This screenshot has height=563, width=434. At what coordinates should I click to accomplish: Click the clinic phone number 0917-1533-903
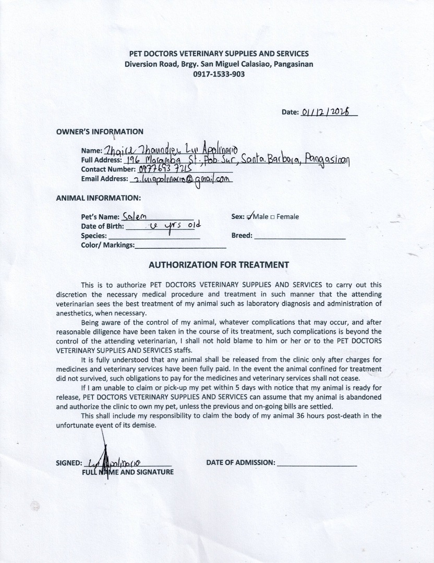[x=219, y=74]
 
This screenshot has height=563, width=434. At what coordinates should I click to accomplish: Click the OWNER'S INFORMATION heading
[x=100, y=131]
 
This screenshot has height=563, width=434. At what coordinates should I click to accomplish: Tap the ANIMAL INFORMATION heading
[x=99, y=198]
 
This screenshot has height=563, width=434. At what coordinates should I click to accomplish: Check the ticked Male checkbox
[x=250, y=216]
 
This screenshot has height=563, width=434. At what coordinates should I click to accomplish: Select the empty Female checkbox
[x=273, y=217]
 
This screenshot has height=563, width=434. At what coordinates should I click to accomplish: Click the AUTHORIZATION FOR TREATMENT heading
[x=219, y=264]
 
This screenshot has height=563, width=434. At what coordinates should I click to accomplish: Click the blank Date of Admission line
[x=317, y=463]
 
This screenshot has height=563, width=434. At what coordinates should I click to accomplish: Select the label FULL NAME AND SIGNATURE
[x=127, y=472]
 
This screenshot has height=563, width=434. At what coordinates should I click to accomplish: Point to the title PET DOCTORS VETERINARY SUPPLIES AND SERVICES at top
[x=219, y=54]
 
